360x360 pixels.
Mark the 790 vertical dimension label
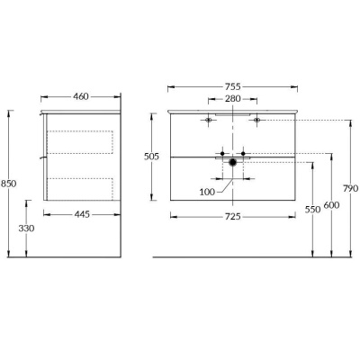point(351,188)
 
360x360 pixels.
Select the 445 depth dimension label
point(82,214)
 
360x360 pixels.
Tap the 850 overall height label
point(10,184)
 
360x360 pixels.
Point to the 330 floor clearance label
point(27,229)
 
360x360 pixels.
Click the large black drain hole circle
point(233,163)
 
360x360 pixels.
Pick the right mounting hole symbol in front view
point(257,120)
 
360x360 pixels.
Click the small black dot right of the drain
point(244,154)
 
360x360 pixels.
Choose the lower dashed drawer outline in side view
point(82,190)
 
